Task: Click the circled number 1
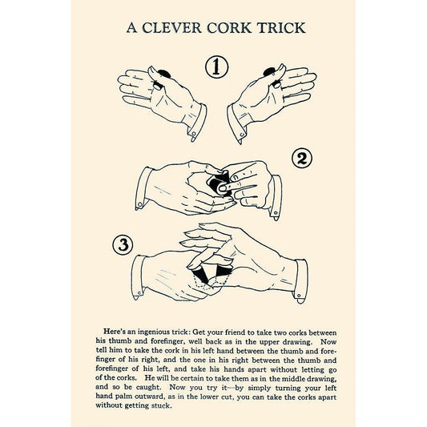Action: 217,67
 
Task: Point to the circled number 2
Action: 302,159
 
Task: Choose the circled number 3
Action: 123,245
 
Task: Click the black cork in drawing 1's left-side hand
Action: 164,73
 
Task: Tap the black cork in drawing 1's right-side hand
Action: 270,71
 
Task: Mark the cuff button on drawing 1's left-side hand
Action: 194,134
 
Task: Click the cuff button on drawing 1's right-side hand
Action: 242,135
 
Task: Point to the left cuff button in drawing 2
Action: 139,204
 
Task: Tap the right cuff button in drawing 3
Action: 299,296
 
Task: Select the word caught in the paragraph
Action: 151,388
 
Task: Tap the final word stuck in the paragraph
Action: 162,405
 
